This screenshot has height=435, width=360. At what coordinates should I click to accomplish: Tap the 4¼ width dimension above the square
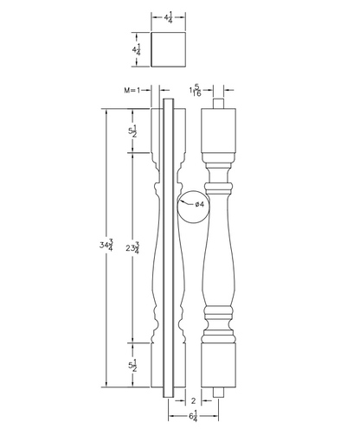169,18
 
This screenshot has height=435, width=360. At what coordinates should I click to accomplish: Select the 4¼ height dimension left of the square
137,49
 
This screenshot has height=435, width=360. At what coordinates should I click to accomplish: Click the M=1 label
132,91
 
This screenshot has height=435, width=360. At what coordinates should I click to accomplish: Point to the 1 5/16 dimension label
196,90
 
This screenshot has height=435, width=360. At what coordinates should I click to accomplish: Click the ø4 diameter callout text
199,204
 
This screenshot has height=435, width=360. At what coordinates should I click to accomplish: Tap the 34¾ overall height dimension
106,245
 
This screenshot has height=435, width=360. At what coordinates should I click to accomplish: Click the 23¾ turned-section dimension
132,247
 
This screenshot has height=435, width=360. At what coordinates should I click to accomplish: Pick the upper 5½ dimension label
132,131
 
